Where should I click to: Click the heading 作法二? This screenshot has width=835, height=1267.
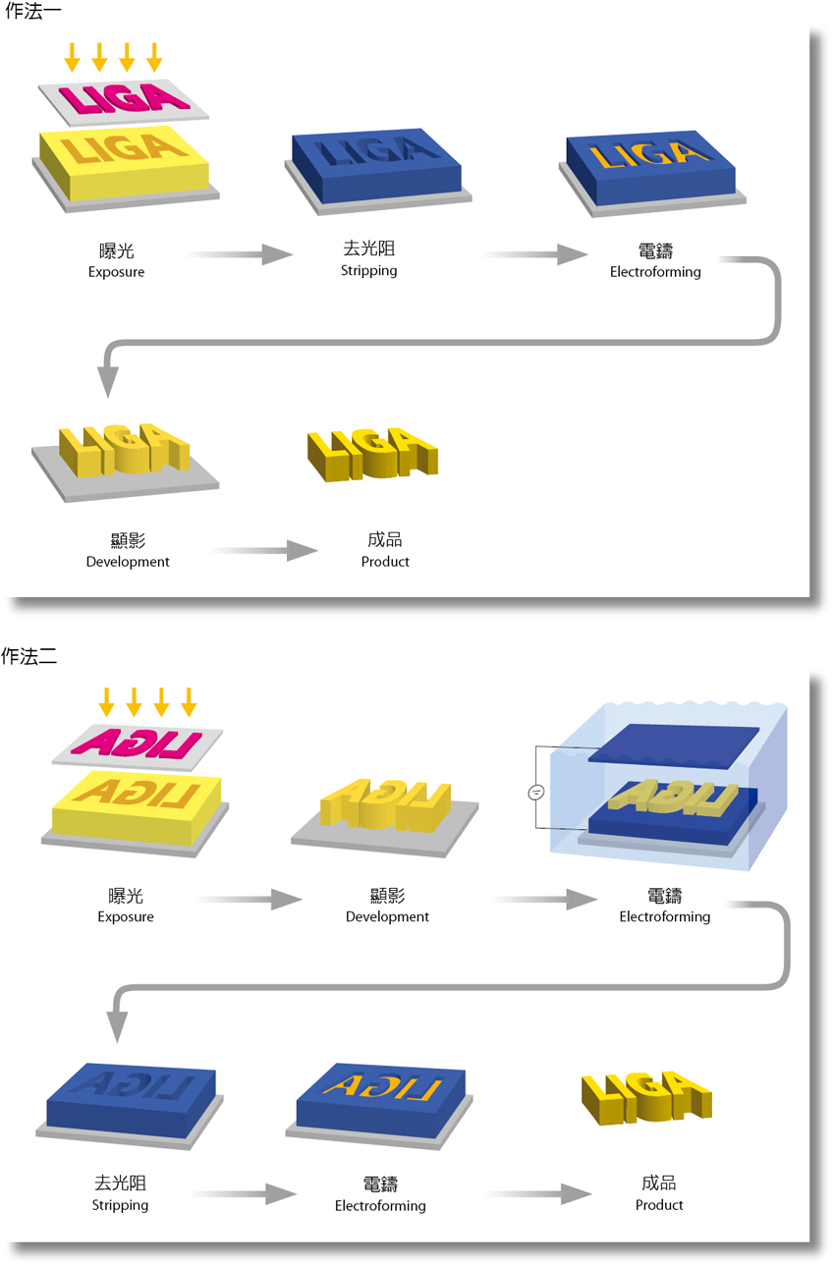[30, 656]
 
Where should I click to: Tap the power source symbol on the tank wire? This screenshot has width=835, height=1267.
[536, 793]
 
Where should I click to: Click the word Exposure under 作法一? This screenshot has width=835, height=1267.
[116, 272]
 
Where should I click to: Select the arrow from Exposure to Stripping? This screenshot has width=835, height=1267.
[240, 255]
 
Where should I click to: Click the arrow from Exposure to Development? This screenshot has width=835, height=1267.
[250, 899]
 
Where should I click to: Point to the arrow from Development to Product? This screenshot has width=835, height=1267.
[265, 551]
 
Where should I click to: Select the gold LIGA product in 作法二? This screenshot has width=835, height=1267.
[645, 1095]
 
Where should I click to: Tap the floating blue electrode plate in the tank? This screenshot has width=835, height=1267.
[673, 744]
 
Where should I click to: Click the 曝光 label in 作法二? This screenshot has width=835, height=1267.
[126, 896]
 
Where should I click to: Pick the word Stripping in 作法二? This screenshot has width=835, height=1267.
[120, 1205]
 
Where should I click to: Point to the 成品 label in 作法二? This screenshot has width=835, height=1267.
[659, 1184]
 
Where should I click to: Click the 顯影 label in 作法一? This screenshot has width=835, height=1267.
[128, 540]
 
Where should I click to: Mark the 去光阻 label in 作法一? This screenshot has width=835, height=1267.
[368, 250]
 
